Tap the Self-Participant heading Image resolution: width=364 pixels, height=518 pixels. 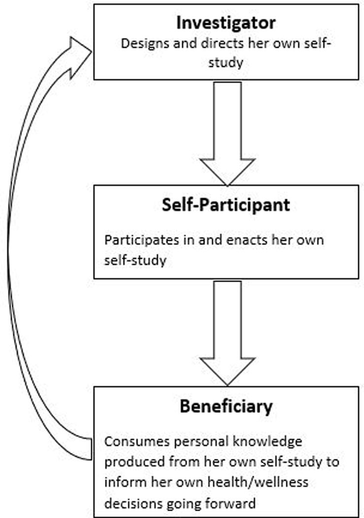226,205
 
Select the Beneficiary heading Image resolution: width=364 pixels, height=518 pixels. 226,407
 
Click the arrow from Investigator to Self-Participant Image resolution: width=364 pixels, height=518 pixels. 227,133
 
